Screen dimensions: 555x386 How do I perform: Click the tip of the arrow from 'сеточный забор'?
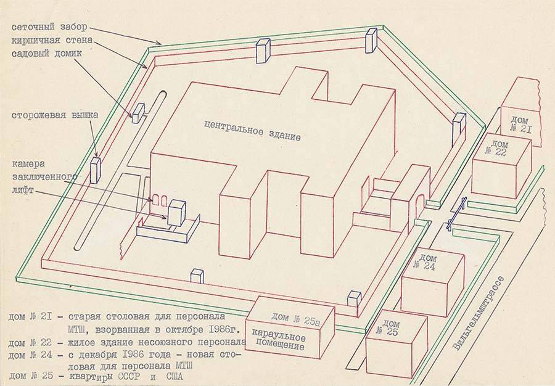(162, 44)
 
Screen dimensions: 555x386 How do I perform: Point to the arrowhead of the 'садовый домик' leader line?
(133, 117)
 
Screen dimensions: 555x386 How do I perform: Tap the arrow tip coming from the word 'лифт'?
(167, 218)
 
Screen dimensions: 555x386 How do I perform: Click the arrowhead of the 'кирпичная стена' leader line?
(147, 68)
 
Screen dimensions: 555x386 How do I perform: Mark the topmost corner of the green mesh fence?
(383, 25)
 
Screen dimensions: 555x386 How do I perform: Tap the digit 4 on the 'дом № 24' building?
(430, 266)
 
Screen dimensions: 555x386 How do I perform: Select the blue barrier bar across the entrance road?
(456, 213)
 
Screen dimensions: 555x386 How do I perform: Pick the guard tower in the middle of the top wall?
(263, 51)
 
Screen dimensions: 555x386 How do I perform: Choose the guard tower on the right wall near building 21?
(458, 130)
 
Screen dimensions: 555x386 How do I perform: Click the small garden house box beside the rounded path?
(138, 113)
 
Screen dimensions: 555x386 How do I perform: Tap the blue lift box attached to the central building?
(177, 213)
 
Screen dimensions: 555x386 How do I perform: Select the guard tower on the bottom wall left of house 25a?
(197, 276)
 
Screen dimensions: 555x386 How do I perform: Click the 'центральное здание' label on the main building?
(253, 130)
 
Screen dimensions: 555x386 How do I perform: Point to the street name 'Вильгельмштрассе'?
(479, 313)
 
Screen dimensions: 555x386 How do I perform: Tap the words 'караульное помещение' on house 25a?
(279, 339)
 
